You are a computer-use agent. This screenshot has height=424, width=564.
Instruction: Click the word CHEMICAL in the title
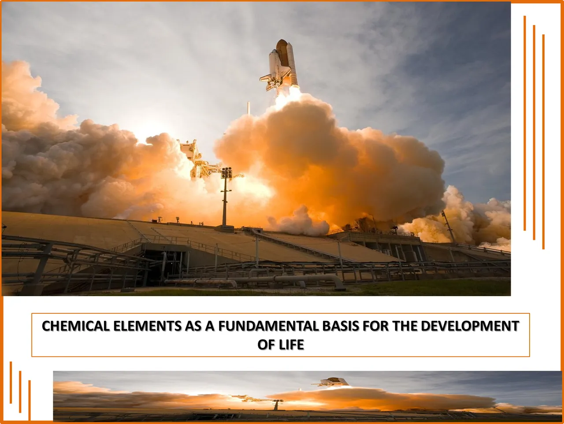coord(75,326)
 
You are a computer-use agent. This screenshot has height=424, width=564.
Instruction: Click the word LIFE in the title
coord(292,345)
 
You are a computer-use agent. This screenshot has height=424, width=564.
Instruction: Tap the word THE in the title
coord(405,326)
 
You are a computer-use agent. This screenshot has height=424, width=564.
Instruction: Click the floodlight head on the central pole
coord(226,173)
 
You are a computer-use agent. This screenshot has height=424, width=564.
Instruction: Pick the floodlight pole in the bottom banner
coord(277,405)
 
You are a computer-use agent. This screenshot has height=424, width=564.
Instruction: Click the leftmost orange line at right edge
coord(525,123)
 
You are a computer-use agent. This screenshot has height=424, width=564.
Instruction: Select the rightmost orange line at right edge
coord(543,141)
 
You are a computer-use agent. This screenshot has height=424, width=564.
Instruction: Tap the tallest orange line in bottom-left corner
coord(11,383)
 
